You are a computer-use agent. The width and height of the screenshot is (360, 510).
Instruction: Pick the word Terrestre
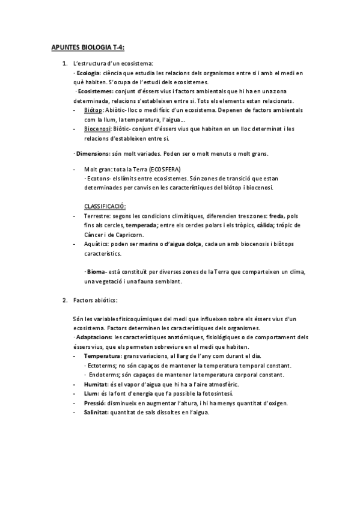(x=97, y=216)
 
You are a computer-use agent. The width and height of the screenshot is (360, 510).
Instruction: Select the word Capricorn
(x=134, y=235)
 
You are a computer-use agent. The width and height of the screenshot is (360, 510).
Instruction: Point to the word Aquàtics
(x=97, y=244)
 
